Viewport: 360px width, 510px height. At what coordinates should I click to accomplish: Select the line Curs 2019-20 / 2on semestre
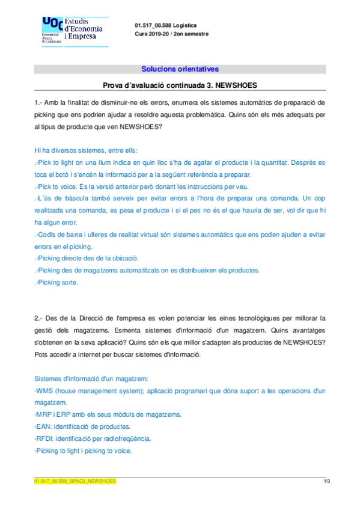point(172,34)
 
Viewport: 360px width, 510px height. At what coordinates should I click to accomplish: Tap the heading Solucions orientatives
point(180,69)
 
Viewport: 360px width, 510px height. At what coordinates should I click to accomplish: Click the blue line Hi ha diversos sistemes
point(85,150)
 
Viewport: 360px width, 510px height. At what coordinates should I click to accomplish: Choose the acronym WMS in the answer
point(46,391)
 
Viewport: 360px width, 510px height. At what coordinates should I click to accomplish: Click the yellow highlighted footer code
point(75,481)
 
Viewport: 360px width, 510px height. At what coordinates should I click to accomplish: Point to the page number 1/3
point(327,481)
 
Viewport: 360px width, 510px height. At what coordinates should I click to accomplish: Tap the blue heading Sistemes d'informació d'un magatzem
point(91,378)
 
